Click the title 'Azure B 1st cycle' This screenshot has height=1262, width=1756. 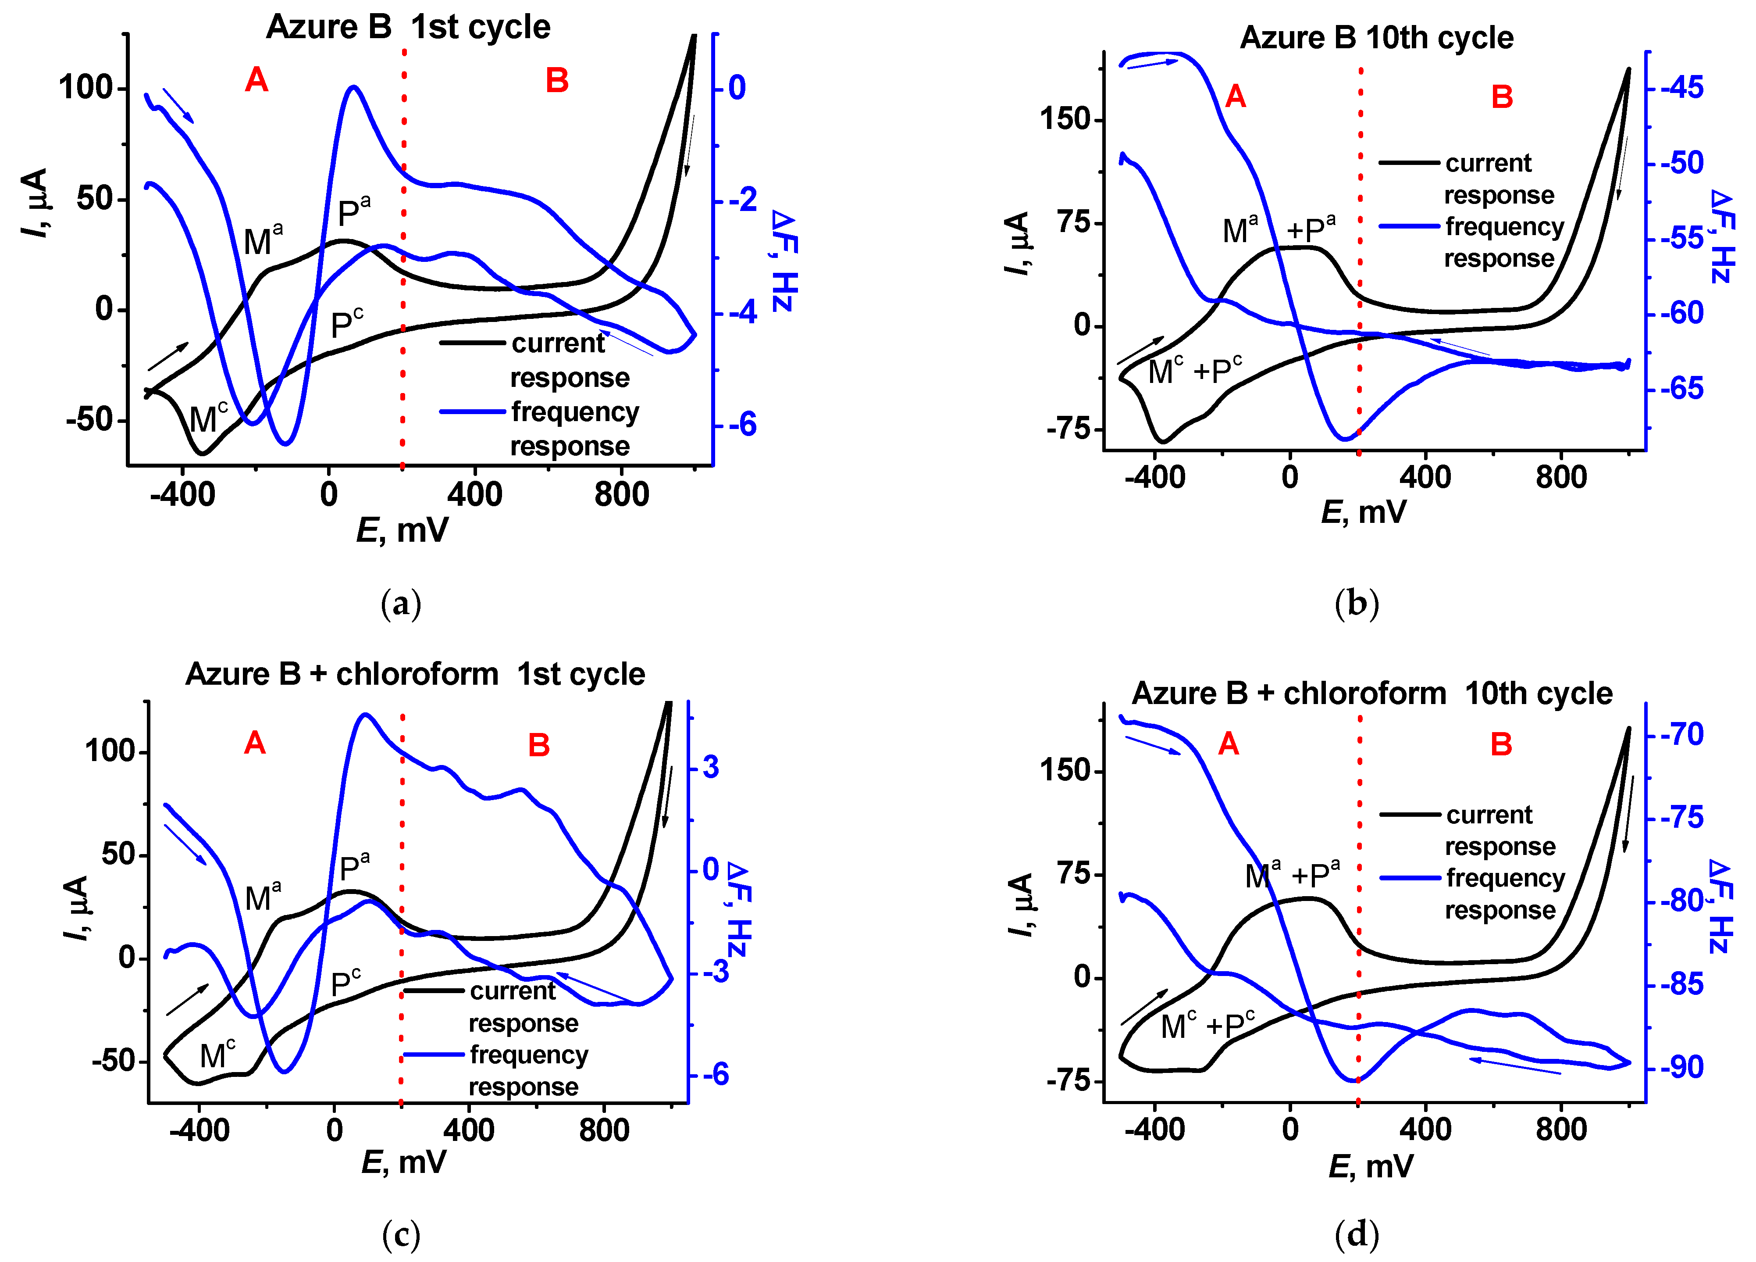point(408,27)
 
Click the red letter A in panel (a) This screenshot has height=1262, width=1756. point(256,80)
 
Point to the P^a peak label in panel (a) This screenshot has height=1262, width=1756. point(354,211)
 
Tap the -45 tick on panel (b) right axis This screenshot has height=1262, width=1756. point(1681,88)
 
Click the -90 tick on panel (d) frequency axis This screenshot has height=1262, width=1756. point(1681,1068)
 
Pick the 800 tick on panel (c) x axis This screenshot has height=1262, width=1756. point(604,1130)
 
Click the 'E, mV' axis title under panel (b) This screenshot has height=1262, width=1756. point(1364,512)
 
